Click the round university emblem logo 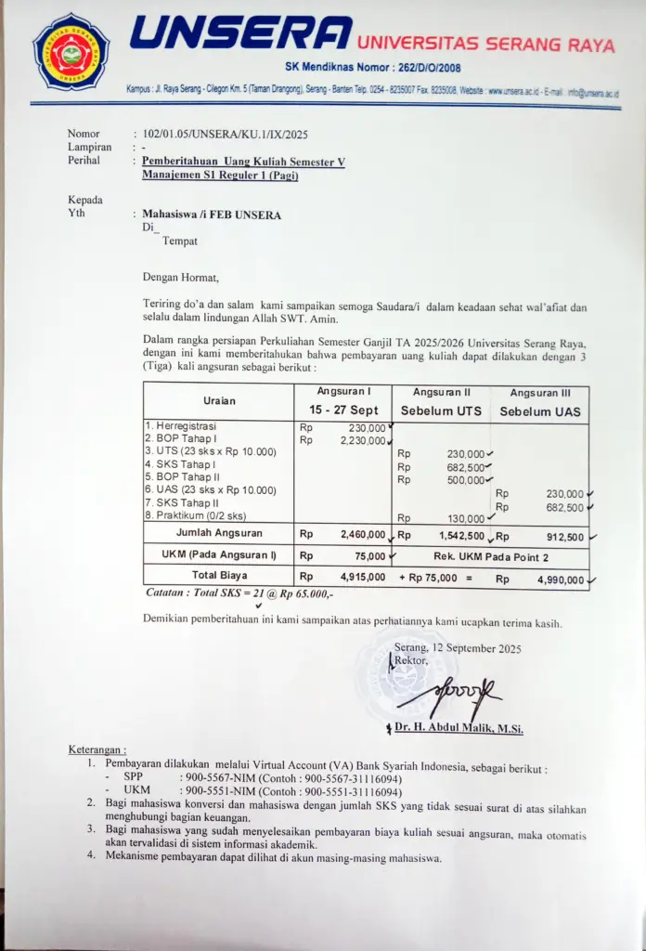(71, 51)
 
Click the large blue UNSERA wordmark (240, 33)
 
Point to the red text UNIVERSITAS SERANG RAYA (485, 44)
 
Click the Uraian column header (219, 400)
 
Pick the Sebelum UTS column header (441, 410)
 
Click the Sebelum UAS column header (541, 410)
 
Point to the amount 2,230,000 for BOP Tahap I (362, 440)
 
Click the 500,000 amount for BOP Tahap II (465, 480)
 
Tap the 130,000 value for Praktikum (465, 518)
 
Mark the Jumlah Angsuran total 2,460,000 (362, 535)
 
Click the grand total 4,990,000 (562, 580)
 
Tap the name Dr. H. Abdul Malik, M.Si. (459, 729)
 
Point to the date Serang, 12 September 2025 (459, 648)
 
